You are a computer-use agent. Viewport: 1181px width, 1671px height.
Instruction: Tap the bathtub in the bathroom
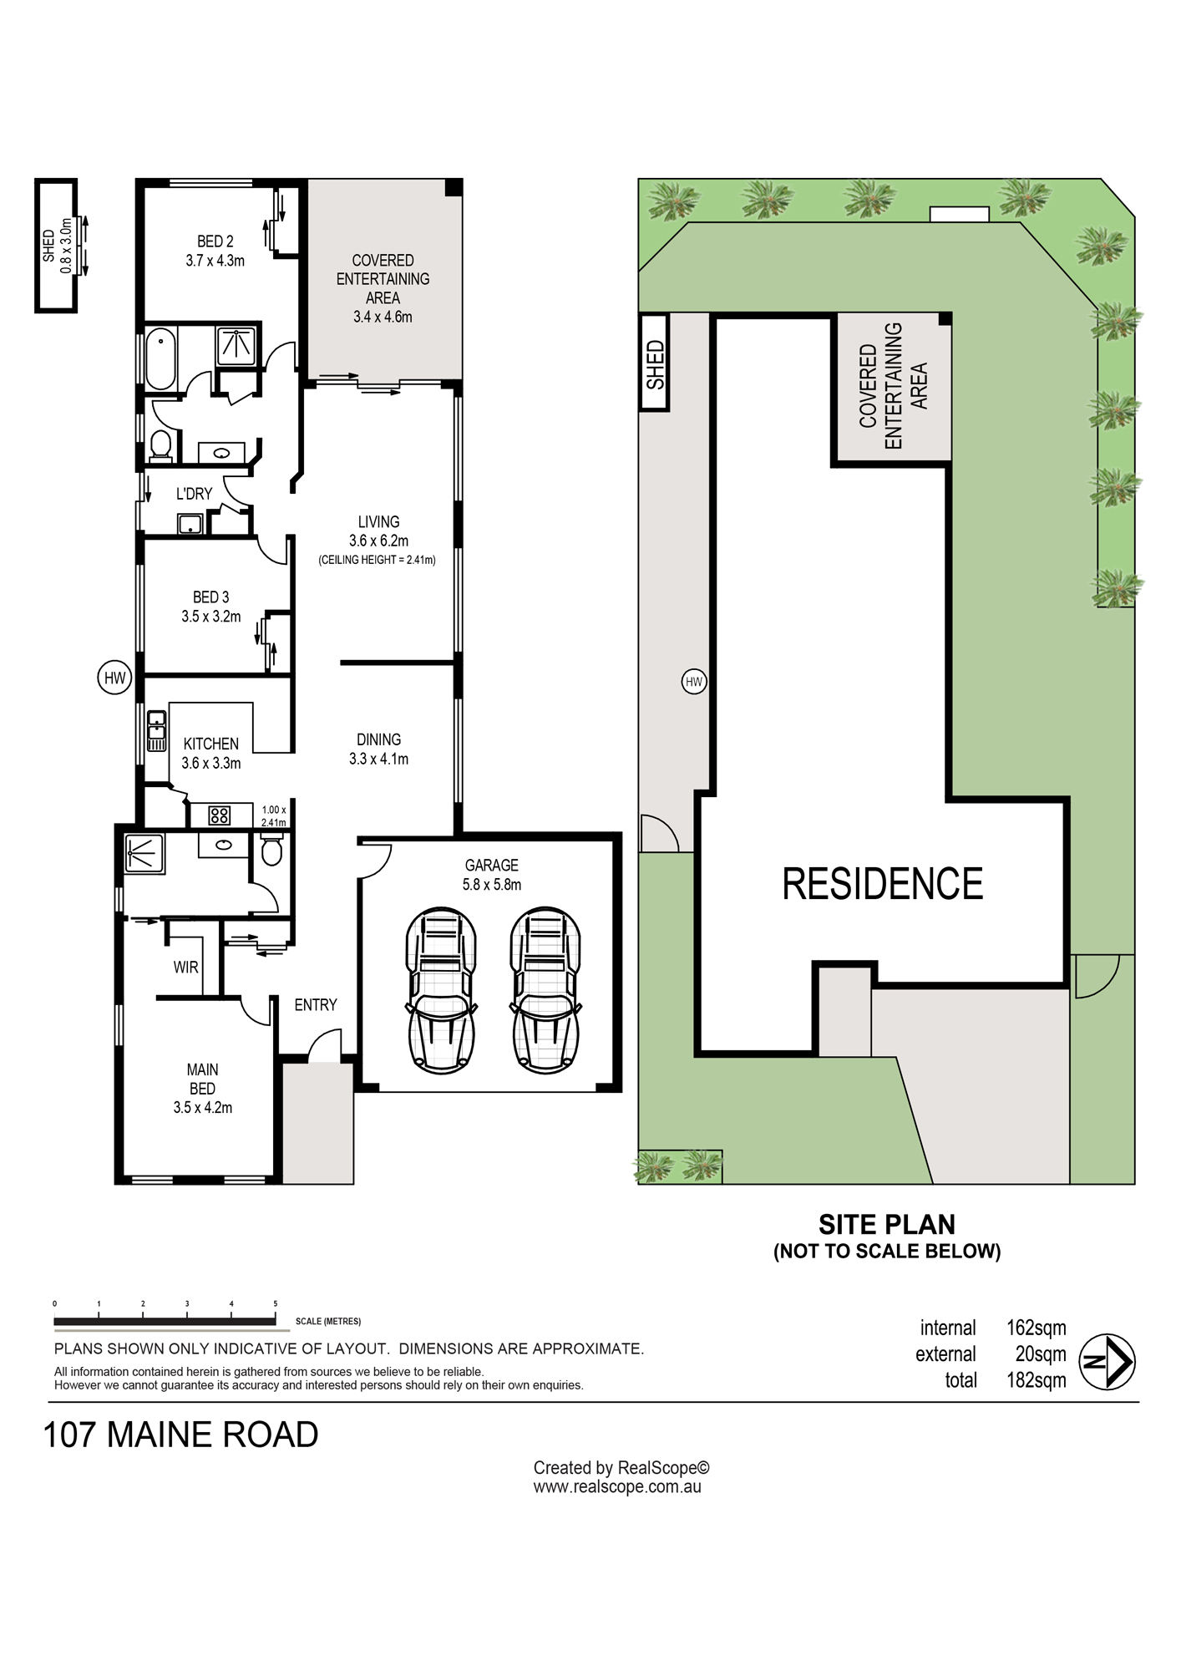tap(160, 359)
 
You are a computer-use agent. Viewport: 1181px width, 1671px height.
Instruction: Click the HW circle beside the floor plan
tap(114, 678)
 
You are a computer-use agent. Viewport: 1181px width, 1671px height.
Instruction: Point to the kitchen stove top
tap(220, 815)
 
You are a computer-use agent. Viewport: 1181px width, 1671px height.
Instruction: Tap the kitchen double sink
tap(156, 731)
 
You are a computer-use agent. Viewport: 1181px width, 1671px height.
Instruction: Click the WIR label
tap(185, 967)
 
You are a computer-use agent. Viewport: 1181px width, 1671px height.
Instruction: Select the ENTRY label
tap(316, 1005)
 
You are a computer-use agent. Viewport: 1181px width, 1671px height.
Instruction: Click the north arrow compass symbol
tap(1107, 1363)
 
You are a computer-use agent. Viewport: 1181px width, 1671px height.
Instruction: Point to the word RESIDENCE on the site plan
tap(883, 884)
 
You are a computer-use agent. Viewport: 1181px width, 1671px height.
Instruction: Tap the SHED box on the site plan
tap(655, 363)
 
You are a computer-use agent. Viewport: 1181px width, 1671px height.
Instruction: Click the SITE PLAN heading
tap(887, 1225)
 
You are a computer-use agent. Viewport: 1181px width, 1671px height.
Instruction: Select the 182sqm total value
tap(1037, 1380)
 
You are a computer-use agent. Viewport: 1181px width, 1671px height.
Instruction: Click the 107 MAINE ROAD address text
tap(180, 1435)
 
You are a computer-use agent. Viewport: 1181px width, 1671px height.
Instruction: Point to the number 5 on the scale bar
tap(276, 1303)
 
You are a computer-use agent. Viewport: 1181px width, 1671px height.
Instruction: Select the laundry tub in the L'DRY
tap(190, 524)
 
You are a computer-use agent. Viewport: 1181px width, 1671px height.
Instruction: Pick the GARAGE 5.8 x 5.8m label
tap(492, 875)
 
